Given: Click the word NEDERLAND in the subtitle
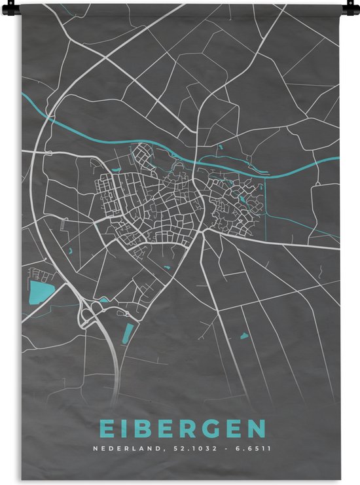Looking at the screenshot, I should (x=122, y=449).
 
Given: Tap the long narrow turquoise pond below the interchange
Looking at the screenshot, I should (x=128, y=333).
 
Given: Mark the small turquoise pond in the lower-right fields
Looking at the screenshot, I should (x=244, y=336).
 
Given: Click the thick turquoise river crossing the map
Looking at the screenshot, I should (x=164, y=152).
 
